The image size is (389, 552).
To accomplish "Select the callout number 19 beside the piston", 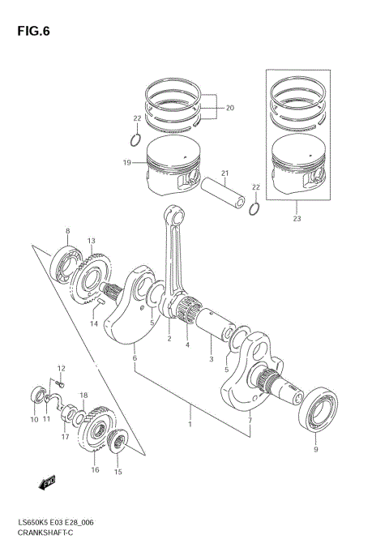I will pos(126,163).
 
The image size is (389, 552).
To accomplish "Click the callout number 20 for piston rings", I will pos(229,108).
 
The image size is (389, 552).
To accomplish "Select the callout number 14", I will pos(94,323).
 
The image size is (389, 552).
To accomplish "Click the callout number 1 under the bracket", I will pos(190,425).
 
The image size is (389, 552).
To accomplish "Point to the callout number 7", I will pos(250,421).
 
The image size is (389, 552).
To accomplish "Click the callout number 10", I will pos(34,419).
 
